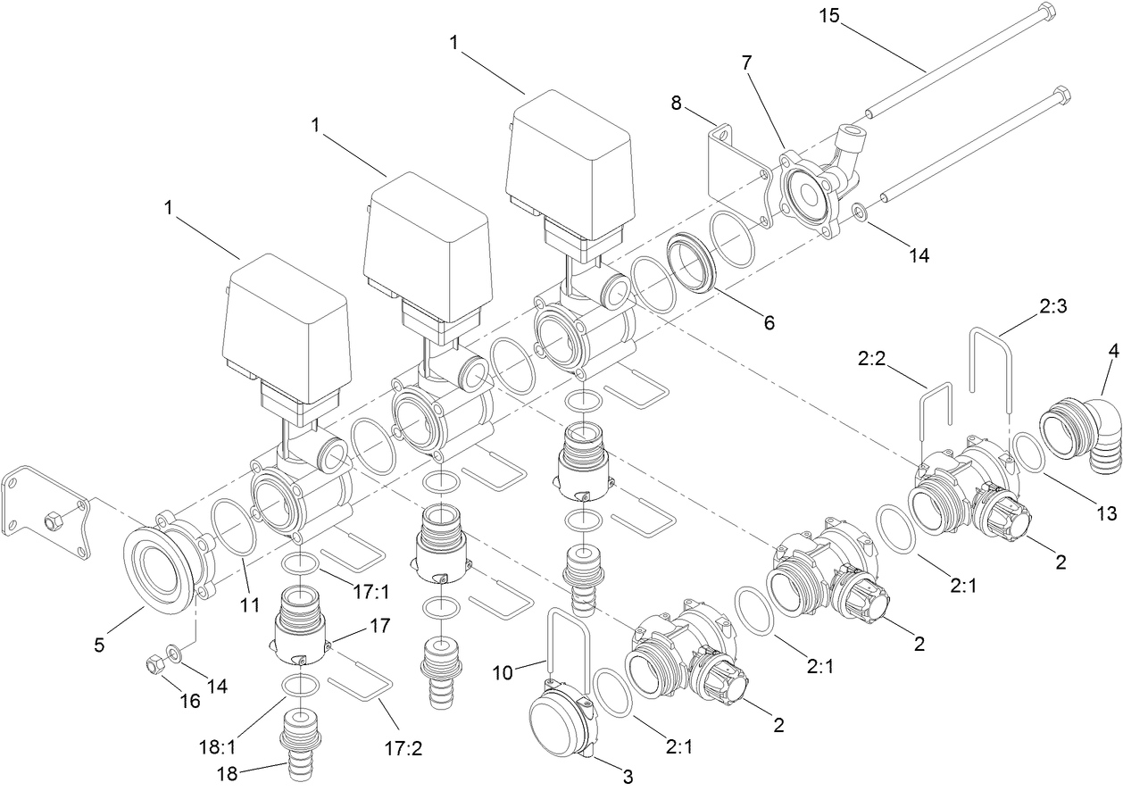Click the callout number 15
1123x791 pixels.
click(830, 15)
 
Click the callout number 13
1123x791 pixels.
click(1106, 513)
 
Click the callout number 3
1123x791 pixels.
click(628, 777)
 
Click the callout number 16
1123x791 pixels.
click(189, 701)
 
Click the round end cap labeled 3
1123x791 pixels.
click(557, 723)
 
